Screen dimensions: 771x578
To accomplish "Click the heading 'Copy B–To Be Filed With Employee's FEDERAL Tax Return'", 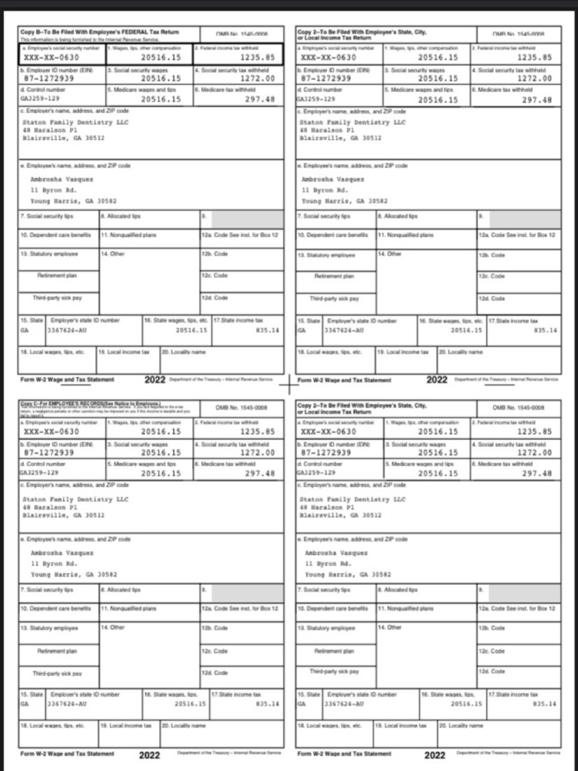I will [99, 33].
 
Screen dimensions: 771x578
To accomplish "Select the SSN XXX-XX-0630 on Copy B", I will [51, 56].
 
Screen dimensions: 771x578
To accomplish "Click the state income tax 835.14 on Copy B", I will [267, 330].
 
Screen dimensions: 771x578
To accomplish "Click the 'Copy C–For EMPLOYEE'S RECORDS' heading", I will [90, 404].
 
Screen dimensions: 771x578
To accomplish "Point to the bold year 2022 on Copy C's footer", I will [150, 754].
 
